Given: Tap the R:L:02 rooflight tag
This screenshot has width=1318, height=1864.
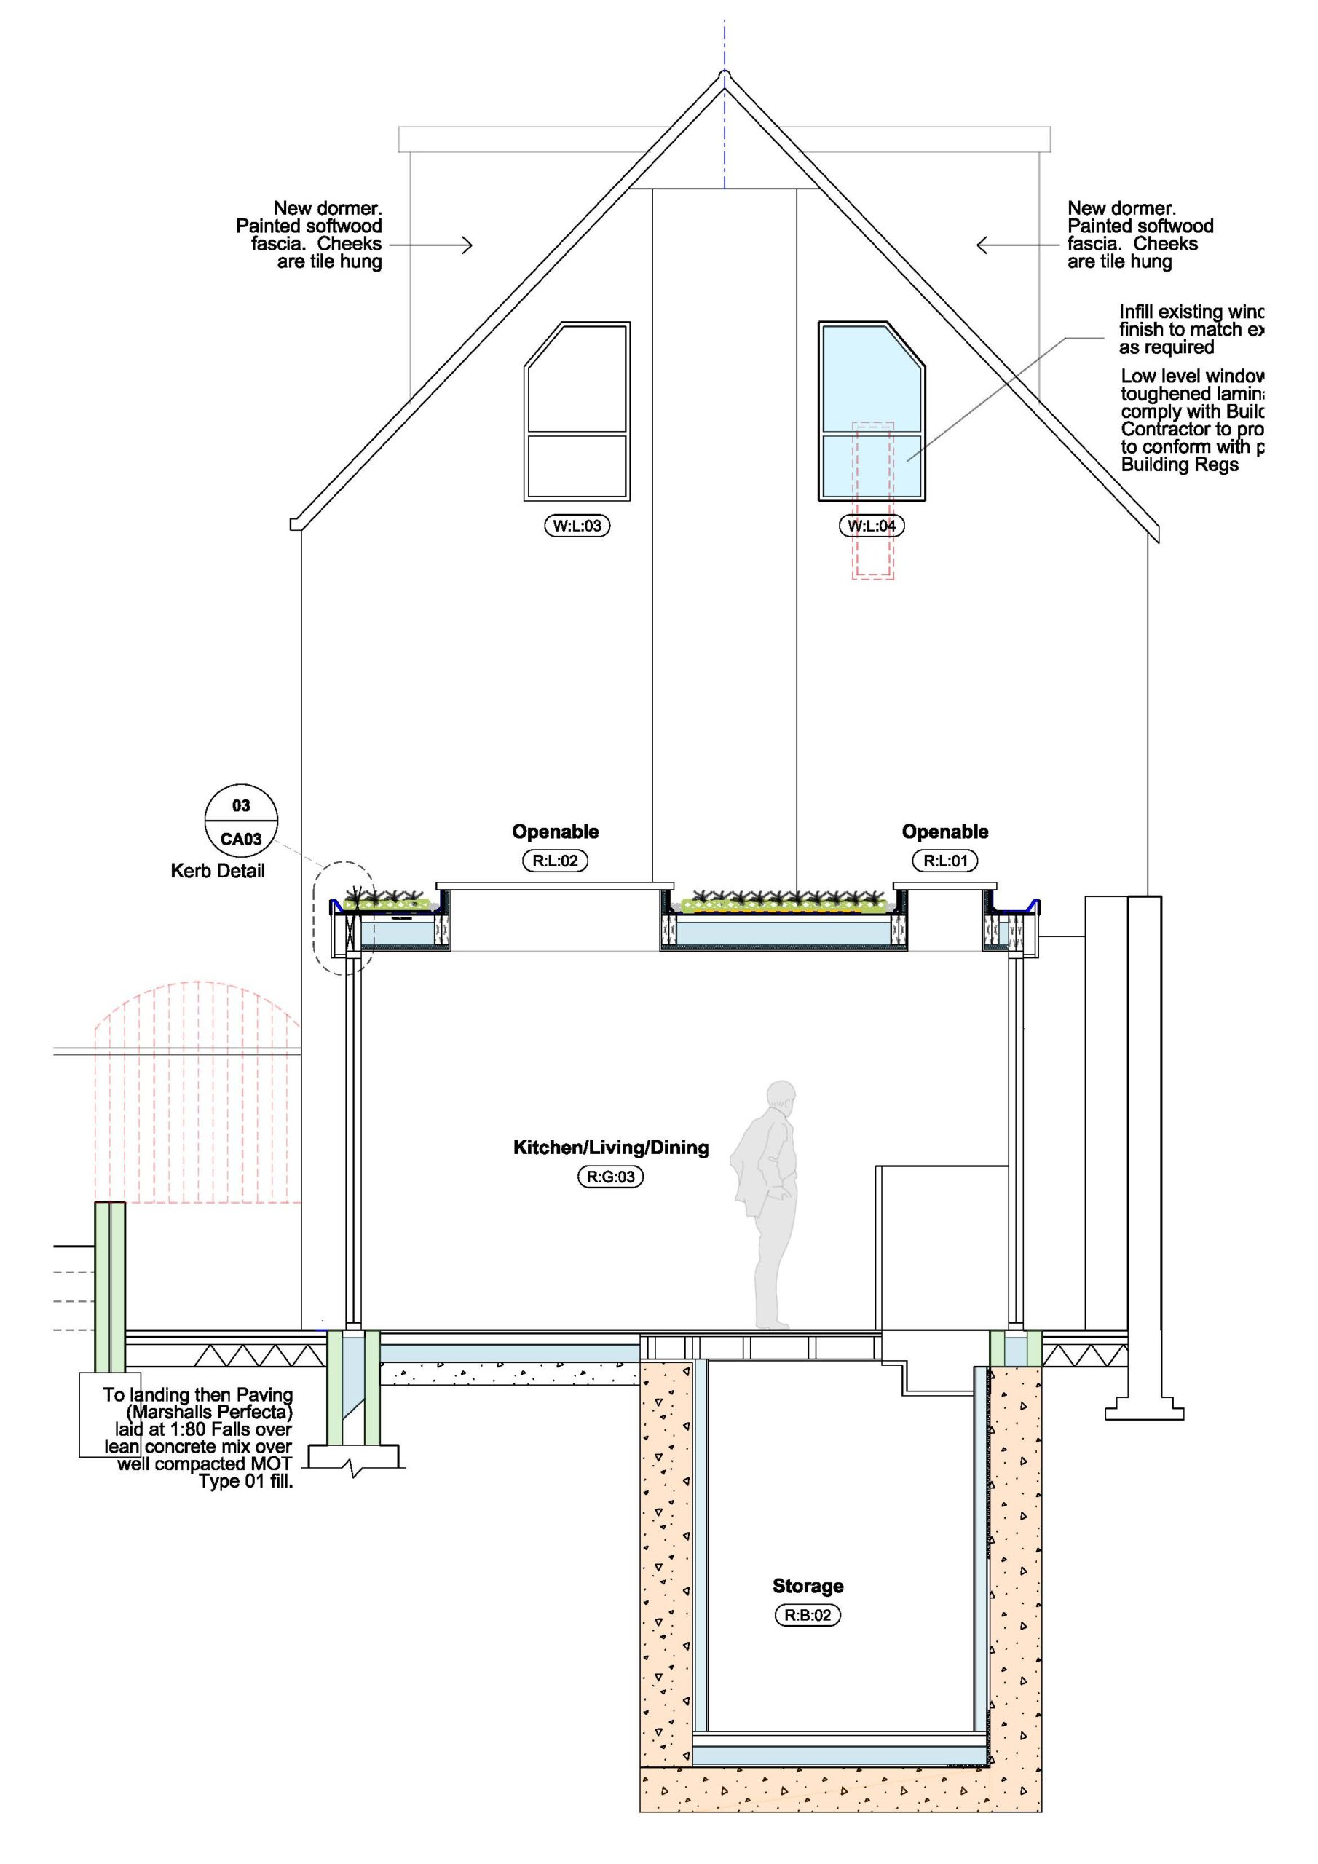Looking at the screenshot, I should coord(555,861).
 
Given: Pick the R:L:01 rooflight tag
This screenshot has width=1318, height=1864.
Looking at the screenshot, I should coord(945,861).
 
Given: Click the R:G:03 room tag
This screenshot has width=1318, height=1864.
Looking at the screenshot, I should coord(610,1177).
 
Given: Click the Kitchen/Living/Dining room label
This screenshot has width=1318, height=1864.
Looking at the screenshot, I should coord(611,1147).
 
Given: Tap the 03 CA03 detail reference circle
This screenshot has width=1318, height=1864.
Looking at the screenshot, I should coord(241,821).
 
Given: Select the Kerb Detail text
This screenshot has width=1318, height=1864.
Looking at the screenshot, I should coord(218,871).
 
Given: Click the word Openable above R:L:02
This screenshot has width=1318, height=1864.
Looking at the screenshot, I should coord(555,832).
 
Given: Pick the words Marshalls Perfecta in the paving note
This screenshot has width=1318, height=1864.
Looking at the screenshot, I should coord(210,1412).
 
